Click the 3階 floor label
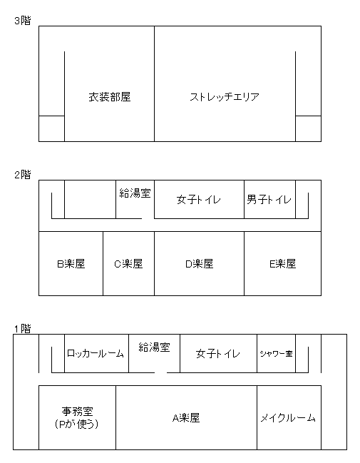point(23,21)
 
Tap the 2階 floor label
point(23,175)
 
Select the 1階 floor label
point(23,329)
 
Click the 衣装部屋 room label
point(110,97)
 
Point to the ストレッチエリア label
point(225,97)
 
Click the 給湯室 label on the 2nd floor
point(135,193)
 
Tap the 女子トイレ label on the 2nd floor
point(199,200)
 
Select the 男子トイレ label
point(269,200)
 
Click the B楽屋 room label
point(71,264)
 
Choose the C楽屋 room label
point(128,264)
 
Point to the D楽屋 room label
point(199,264)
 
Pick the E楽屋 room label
point(283,264)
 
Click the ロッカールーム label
point(96,353)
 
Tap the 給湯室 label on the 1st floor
point(154,347)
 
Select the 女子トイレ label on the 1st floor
point(218,354)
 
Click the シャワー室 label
point(276,353)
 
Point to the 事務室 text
point(77,411)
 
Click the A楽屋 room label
point(186,418)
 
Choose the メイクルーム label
point(288,418)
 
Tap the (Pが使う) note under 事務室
point(77,424)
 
